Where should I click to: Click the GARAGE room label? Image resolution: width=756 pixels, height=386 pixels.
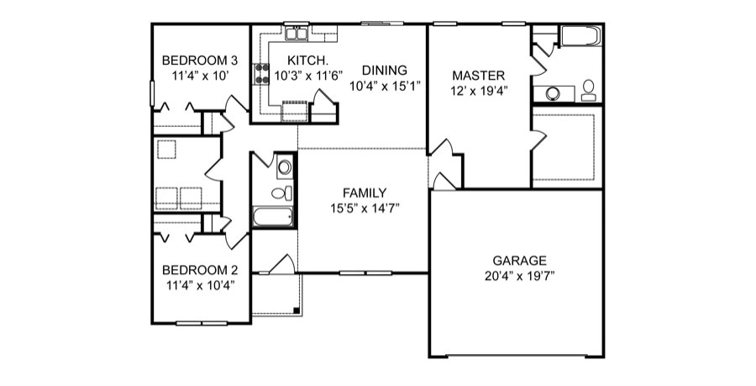(x=519, y=260)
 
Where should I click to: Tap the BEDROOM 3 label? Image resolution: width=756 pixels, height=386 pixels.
(x=200, y=61)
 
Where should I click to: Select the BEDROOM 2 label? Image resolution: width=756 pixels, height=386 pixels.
(x=200, y=270)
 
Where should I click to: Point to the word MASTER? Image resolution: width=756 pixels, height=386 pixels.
(x=477, y=75)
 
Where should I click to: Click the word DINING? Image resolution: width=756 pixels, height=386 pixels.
(x=385, y=70)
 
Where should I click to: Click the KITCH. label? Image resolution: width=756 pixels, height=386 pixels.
(x=302, y=61)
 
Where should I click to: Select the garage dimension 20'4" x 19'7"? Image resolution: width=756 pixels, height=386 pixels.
(x=519, y=275)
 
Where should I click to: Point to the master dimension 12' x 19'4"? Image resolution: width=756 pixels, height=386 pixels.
(x=477, y=89)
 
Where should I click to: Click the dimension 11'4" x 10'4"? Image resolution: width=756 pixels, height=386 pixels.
(x=200, y=284)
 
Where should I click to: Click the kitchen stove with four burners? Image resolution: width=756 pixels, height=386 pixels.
(x=262, y=73)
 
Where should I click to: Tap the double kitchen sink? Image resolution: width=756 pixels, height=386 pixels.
(x=297, y=34)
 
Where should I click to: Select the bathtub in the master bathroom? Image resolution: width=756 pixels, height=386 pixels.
(x=580, y=36)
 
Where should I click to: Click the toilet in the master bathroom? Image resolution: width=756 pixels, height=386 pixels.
(x=588, y=88)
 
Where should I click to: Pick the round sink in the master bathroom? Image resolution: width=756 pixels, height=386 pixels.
(x=554, y=93)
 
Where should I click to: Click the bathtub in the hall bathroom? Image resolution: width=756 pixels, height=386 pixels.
(x=273, y=218)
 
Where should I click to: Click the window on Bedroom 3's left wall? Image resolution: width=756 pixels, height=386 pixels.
(x=152, y=93)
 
